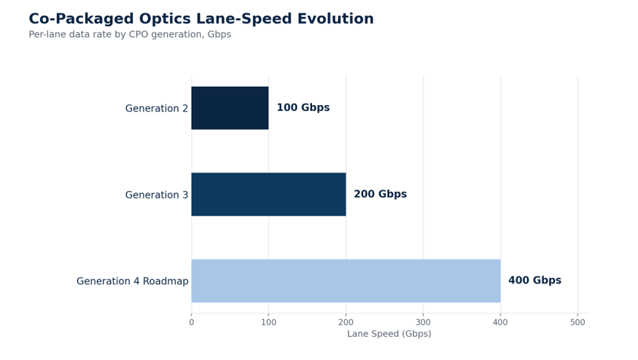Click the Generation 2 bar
click(230, 108)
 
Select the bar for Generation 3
click(268, 195)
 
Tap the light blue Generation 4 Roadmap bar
click(346, 281)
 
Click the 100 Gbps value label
click(303, 108)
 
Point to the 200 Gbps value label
click(380, 194)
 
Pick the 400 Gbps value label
click(534, 281)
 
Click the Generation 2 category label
click(157, 109)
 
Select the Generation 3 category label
click(157, 195)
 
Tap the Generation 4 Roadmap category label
click(133, 281)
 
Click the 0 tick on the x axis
click(192, 323)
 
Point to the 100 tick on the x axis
click(268, 323)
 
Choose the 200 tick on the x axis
click(346, 323)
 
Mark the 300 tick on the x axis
click(423, 323)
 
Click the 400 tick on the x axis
click(500, 323)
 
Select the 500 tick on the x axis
click(577, 323)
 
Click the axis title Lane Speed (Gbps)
click(389, 334)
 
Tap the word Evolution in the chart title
click(335, 19)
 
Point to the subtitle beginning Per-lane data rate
click(130, 34)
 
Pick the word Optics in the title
click(166, 19)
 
